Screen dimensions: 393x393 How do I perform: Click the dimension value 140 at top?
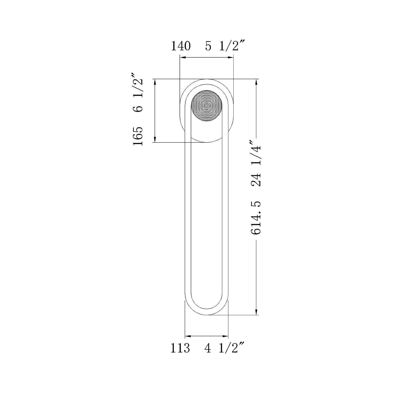click(181, 46)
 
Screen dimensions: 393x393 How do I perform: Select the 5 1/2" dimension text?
click(225, 46)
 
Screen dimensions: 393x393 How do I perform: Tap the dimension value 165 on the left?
click(138, 136)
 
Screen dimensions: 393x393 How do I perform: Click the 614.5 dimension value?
click(256, 218)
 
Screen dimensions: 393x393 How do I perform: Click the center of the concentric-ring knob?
click(207, 105)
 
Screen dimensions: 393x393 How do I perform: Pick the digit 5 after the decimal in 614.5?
click(256, 204)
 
